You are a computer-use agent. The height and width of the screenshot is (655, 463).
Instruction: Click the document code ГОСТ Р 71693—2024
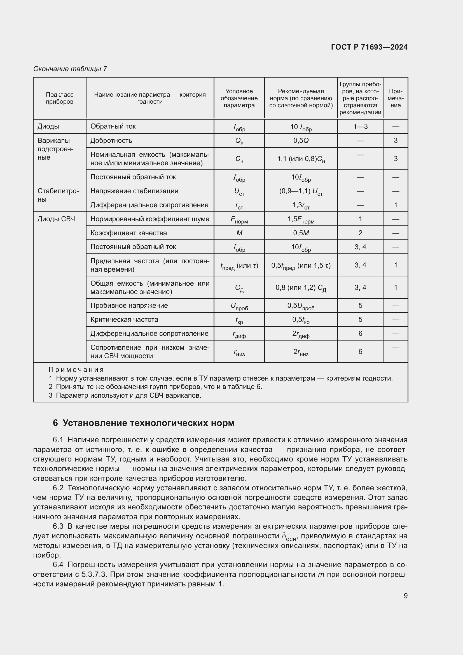pos(369,47)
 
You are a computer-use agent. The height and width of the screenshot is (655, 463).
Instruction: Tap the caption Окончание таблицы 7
pos(70,69)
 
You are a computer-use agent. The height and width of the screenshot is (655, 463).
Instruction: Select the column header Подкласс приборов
pos(60,98)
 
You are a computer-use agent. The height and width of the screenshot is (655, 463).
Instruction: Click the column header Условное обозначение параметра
pos(239,98)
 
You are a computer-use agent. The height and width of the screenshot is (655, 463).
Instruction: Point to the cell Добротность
pos(111,141)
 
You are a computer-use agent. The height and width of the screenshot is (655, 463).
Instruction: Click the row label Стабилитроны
pos(58,195)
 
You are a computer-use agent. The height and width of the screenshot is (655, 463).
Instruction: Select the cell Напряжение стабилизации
pos(134,191)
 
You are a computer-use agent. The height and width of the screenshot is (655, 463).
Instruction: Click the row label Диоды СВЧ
pos(57,219)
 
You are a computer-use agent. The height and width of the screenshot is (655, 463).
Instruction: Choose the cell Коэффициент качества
pos(128,233)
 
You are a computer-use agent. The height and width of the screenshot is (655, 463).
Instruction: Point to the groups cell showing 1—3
pos(360,127)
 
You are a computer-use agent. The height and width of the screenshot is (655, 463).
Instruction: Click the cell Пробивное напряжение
pos(129,306)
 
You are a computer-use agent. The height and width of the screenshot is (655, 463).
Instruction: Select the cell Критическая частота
pos(124,320)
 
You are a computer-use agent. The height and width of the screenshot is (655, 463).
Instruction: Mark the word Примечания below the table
pos(76,370)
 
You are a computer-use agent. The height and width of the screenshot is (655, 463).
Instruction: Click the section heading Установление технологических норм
pos(148,423)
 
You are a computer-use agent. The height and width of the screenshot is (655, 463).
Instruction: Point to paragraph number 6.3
pos(58,526)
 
